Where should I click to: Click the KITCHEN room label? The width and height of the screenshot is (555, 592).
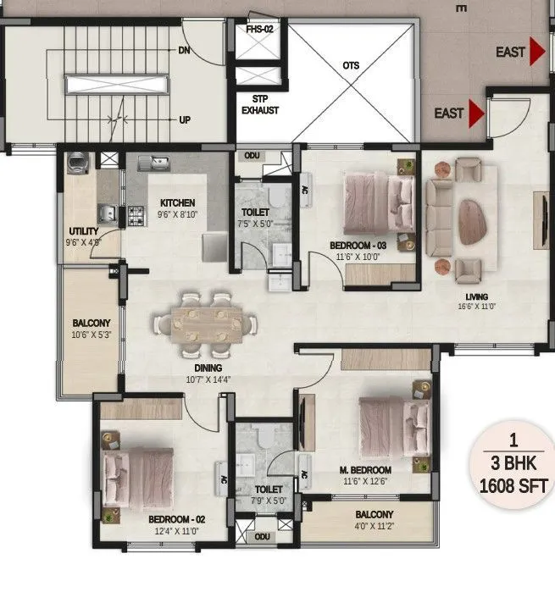point(178,202)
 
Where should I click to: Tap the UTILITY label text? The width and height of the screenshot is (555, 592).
point(84,231)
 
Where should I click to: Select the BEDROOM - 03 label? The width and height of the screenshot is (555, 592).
point(358,246)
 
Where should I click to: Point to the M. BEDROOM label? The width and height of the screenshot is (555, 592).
point(366,470)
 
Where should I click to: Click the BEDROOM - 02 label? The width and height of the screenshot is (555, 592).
point(176,519)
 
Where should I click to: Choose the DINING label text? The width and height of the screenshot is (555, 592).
point(207,368)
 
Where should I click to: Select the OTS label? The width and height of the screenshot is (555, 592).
point(351,64)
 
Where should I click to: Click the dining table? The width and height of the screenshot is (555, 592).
point(204,323)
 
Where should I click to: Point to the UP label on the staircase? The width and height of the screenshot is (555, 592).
point(185,120)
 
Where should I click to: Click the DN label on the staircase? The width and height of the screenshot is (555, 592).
point(184,50)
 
